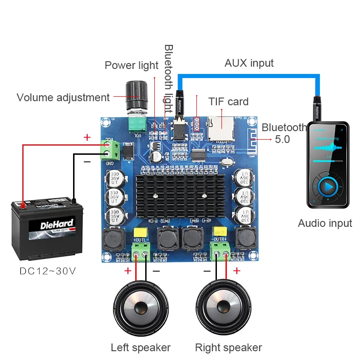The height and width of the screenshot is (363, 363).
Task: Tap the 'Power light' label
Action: tap(132, 65)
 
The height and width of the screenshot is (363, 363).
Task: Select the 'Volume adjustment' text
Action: tap(63, 98)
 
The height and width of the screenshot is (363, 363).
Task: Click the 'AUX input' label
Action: tap(249, 63)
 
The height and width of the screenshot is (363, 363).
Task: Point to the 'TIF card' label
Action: tap(228, 102)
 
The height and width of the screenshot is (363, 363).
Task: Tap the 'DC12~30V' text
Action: tap(48, 271)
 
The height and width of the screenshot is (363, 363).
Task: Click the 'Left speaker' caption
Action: tap(141, 348)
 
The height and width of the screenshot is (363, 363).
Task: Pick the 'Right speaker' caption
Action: tap(228, 348)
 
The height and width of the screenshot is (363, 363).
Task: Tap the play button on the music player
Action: tap(328, 186)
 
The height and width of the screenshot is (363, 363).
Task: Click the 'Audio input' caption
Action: tap(325, 223)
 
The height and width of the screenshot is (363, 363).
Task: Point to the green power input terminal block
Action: tap(111, 150)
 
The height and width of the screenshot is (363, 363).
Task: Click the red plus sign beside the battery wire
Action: tap(87, 137)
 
